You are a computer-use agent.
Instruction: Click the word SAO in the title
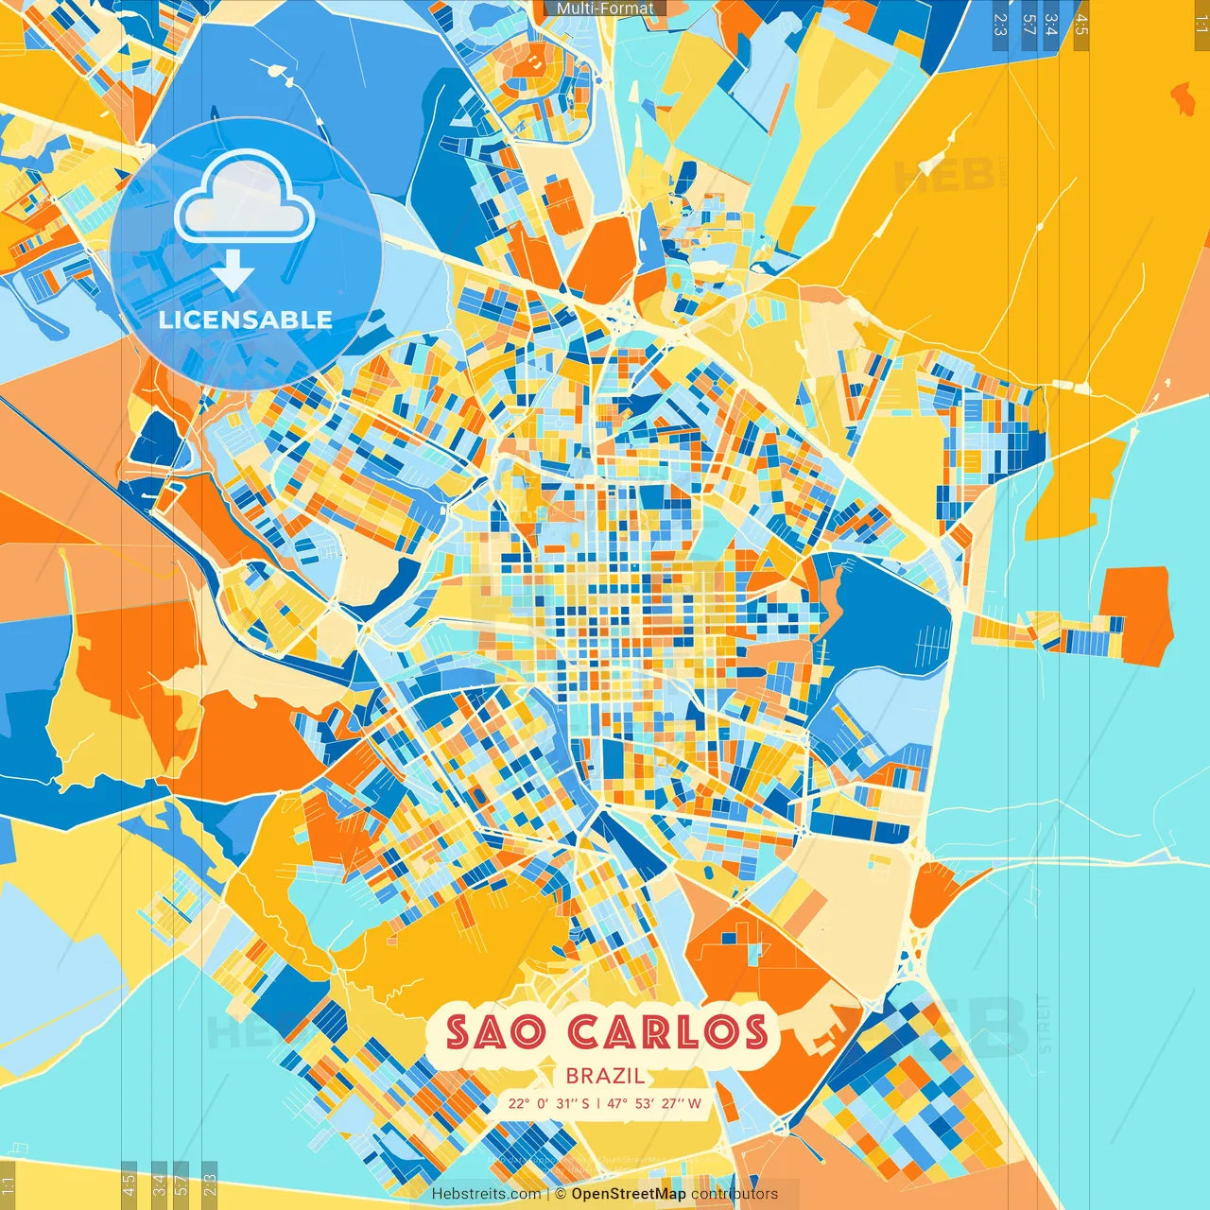click(x=498, y=1032)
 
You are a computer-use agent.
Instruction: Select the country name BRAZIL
click(x=605, y=1076)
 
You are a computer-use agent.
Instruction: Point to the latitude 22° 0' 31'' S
click(x=548, y=1103)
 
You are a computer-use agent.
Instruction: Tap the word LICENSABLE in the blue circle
click(x=246, y=320)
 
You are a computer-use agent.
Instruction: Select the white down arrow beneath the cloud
click(x=233, y=272)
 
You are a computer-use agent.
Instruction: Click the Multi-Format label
click(x=605, y=9)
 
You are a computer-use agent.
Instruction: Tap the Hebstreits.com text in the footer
click(x=486, y=1194)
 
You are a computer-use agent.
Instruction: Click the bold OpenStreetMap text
click(x=629, y=1194)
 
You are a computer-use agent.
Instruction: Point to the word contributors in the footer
click(x=735, y=1194)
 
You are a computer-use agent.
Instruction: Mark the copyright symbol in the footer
click(x=561, y=1194)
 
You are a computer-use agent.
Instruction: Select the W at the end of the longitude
click(x=695, y=1103)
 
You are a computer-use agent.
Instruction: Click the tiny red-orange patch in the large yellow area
click(x=1183, y=97)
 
